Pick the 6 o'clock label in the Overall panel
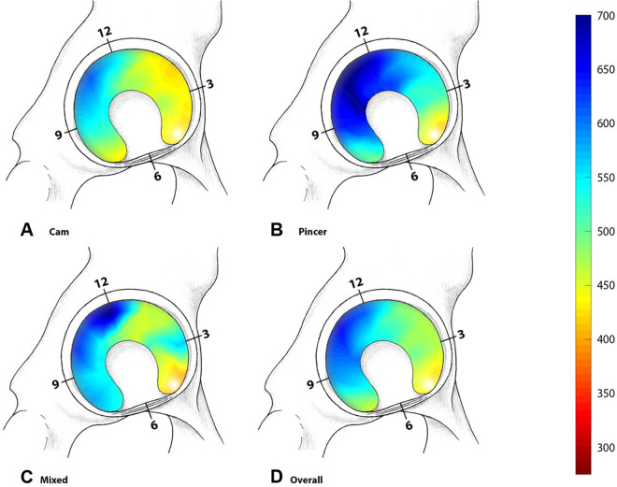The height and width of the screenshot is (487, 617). click(409, 426)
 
